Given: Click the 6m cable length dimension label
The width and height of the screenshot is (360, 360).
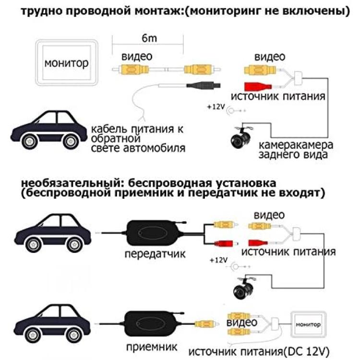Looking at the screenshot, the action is (x=149, y=38).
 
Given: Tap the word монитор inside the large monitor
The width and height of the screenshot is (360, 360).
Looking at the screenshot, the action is (x=66, y=63).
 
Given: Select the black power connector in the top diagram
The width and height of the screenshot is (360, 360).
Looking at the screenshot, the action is (x=203, y=85).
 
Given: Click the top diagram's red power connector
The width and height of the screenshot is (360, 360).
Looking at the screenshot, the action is (x=258, y=86).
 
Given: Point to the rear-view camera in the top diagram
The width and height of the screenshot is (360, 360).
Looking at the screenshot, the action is (x=240, y=138).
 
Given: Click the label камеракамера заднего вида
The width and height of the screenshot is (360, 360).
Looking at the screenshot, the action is (x=296, y=150).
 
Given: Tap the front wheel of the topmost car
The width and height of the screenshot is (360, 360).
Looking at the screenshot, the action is (x=29, y=141).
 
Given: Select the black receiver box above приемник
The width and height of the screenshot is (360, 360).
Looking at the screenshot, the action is (x=153, y=324).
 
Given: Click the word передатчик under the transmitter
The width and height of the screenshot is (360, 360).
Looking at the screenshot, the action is (x=155, y=254).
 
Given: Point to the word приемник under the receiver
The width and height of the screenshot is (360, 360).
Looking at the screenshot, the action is (x=152, y=347).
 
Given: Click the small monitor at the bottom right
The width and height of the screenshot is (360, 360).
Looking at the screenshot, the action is (x=308, y=324).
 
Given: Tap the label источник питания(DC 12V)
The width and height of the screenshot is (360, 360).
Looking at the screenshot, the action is (x=259, y=351).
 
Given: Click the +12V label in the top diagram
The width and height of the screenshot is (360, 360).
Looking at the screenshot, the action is (x=216, y=107).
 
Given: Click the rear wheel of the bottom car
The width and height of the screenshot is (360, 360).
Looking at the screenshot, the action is (x=74, y=335).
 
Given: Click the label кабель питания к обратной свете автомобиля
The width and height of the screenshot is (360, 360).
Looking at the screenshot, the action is (x=138, y=139).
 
